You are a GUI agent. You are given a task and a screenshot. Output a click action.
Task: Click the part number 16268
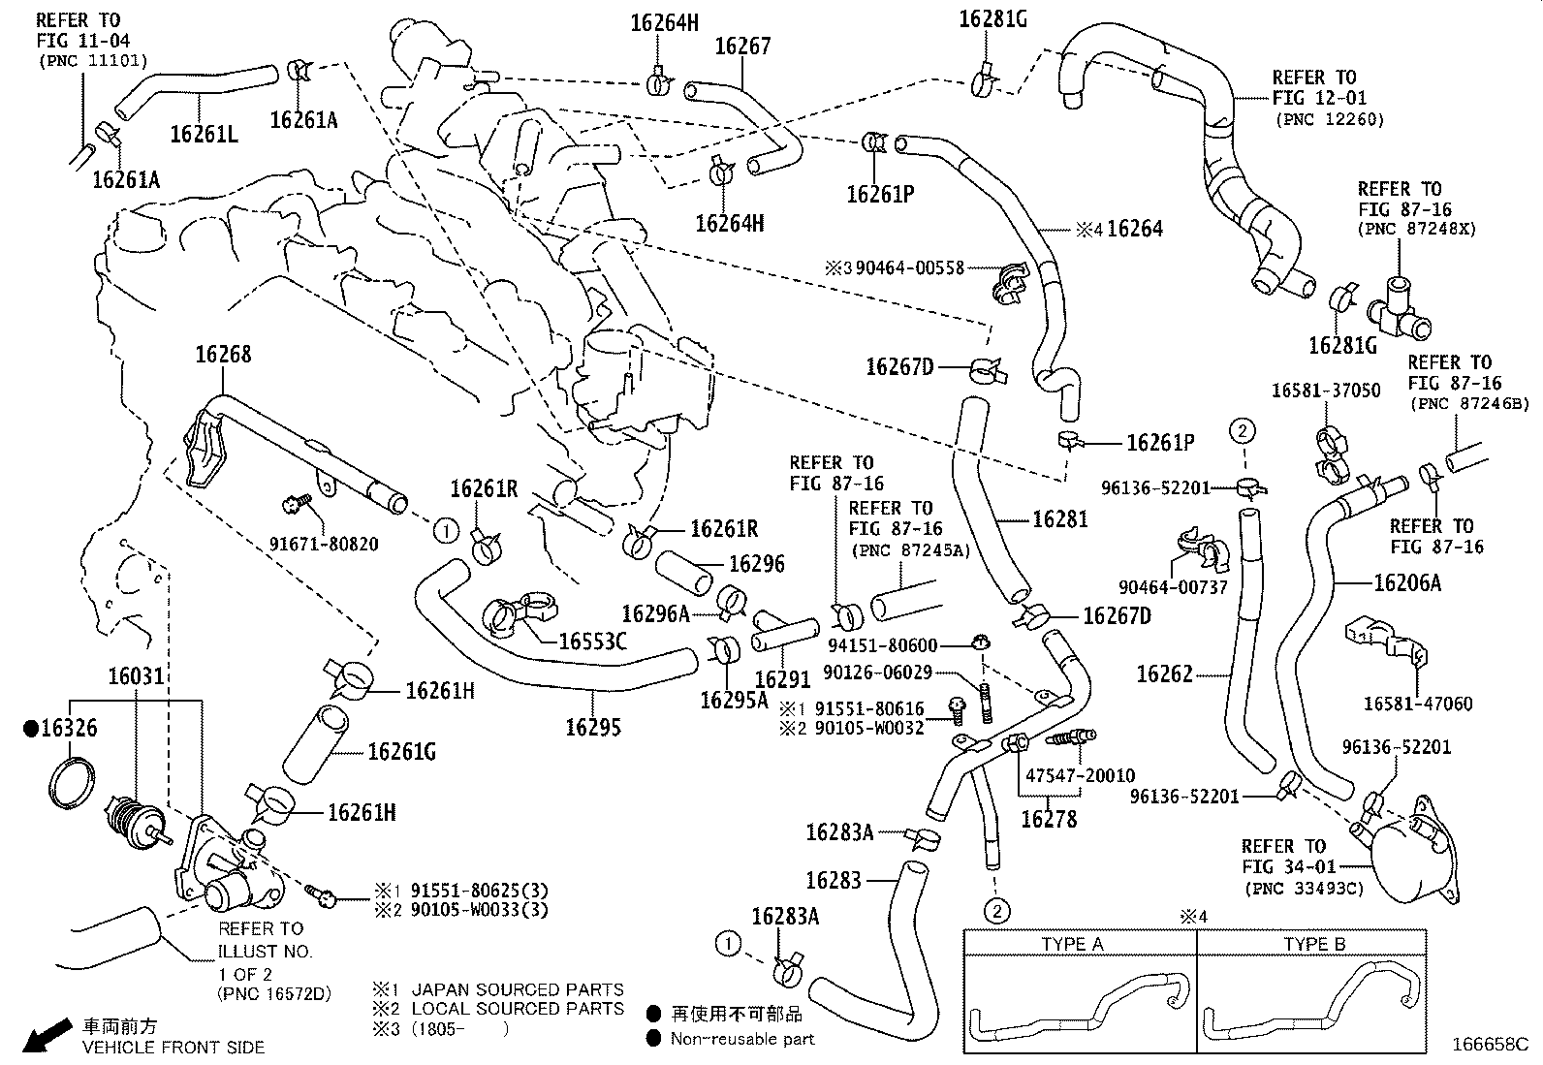[223, 355]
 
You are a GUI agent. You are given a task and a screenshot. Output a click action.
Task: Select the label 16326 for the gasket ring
[68, 728]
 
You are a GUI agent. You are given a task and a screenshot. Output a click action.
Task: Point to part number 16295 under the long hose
[592, 727]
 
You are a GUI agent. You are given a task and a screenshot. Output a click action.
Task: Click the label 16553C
[592, 642]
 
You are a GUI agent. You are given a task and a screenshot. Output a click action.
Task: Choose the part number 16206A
[1407, 582]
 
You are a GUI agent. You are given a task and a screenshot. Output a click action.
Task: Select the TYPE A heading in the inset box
[1072, 944]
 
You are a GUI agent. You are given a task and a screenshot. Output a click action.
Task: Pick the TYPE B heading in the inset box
[1314, 944]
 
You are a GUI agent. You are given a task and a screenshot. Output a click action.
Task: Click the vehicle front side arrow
[43, 1035]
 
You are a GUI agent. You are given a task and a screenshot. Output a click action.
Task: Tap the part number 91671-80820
[324, 544]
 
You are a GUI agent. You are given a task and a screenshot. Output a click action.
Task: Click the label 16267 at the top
[742, 46]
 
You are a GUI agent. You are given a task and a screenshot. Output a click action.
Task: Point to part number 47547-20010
[1080, 775]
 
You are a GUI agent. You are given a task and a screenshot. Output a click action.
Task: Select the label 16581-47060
[1418, 704]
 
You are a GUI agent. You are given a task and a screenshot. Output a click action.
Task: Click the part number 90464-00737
[1173, 587]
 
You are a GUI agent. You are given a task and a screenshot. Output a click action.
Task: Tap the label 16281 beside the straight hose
[1059, 519]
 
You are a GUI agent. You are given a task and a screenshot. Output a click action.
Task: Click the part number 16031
[136, 676]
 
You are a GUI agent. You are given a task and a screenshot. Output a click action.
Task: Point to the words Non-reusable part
[743, 1039]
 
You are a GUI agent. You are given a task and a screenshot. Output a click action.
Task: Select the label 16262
[1164, 673]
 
